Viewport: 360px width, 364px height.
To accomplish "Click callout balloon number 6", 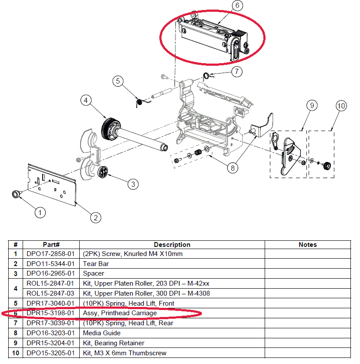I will [237, 6].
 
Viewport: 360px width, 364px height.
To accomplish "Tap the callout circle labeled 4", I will [86, 101].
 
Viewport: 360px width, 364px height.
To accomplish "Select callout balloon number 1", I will [40, 212].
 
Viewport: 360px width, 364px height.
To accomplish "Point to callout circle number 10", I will [341, 105].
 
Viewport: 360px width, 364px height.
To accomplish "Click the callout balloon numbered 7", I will [236, 71].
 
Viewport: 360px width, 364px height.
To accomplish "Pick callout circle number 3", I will [133, 184].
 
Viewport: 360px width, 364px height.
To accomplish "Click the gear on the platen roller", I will [107, 128].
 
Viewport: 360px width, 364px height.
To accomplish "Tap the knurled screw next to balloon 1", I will [16, 194].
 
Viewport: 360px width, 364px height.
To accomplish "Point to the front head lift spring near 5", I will [140, 103].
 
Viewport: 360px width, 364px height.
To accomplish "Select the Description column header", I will [172, 245].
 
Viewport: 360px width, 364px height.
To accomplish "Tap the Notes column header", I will [307, 245].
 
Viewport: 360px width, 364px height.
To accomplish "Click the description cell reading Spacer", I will [94, 273].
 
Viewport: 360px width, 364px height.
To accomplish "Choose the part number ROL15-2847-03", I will [50, 293].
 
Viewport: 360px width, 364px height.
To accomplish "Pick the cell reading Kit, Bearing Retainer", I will [114, 343].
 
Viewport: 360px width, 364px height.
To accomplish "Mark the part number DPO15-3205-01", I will [50, 353].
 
